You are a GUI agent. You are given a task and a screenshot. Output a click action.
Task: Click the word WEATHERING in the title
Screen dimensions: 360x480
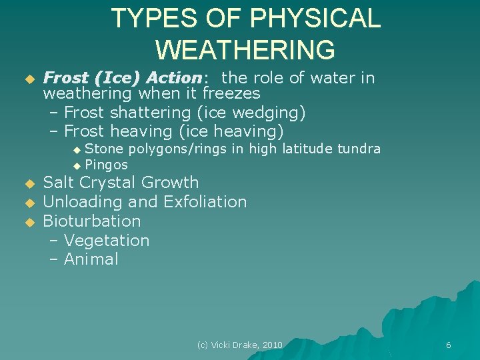(245, 50)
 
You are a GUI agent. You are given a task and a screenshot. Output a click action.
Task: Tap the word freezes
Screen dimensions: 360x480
(231, 93)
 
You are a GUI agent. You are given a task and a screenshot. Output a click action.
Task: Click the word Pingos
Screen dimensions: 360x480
(106, 165)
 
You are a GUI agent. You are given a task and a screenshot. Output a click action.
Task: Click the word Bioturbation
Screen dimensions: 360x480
(92, 221)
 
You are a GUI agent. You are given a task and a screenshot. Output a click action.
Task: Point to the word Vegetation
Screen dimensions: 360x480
(107, 240)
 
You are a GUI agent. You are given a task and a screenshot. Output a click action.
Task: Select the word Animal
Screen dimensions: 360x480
(91, 259)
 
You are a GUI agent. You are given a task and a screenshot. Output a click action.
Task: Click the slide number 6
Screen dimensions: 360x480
(448, 345)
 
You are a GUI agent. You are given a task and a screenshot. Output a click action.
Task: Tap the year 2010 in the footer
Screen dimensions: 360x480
(272, 345)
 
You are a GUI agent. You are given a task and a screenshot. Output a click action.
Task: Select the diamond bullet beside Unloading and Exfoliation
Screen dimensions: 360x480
(29, 203)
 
